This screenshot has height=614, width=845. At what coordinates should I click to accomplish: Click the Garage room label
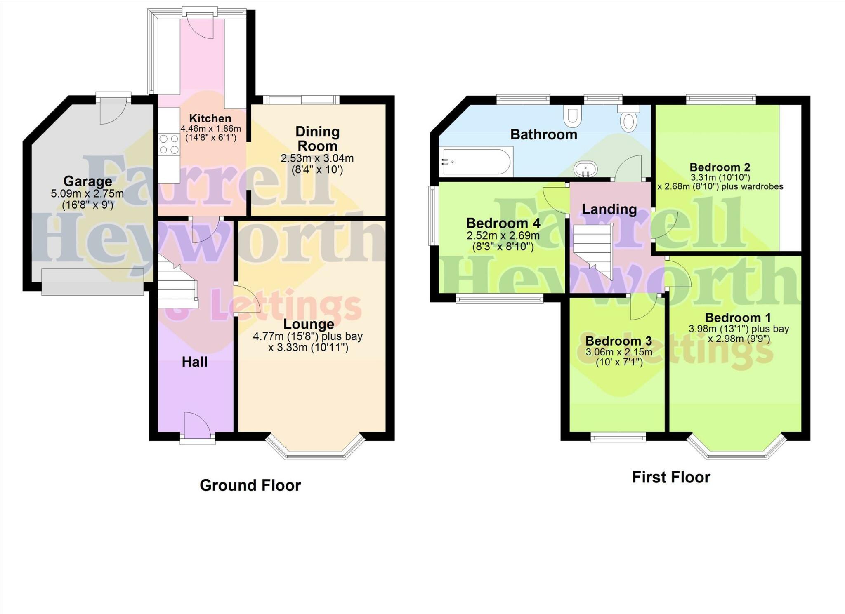87,181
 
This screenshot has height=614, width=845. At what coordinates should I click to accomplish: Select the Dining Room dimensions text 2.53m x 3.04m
317,158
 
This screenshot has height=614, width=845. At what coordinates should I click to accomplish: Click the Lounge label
308,324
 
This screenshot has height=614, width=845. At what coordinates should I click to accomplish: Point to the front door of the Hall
198,427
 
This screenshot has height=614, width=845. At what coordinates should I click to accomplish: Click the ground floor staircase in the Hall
177,285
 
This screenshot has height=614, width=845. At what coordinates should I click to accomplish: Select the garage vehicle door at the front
92,282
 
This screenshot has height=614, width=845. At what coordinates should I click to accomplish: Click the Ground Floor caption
250,485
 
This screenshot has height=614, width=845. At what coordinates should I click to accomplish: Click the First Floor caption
671,477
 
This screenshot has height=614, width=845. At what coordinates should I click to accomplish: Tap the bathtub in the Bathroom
477,162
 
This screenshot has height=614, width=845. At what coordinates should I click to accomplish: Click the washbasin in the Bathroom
585,169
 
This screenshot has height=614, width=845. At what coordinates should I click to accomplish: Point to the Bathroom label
543,134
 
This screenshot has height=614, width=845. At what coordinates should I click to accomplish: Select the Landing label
609,209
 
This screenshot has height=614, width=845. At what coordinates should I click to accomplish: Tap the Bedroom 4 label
503,223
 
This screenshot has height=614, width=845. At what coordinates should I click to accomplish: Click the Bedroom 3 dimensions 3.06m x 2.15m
618,352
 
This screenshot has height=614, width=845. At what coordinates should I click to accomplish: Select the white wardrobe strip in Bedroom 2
790,177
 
